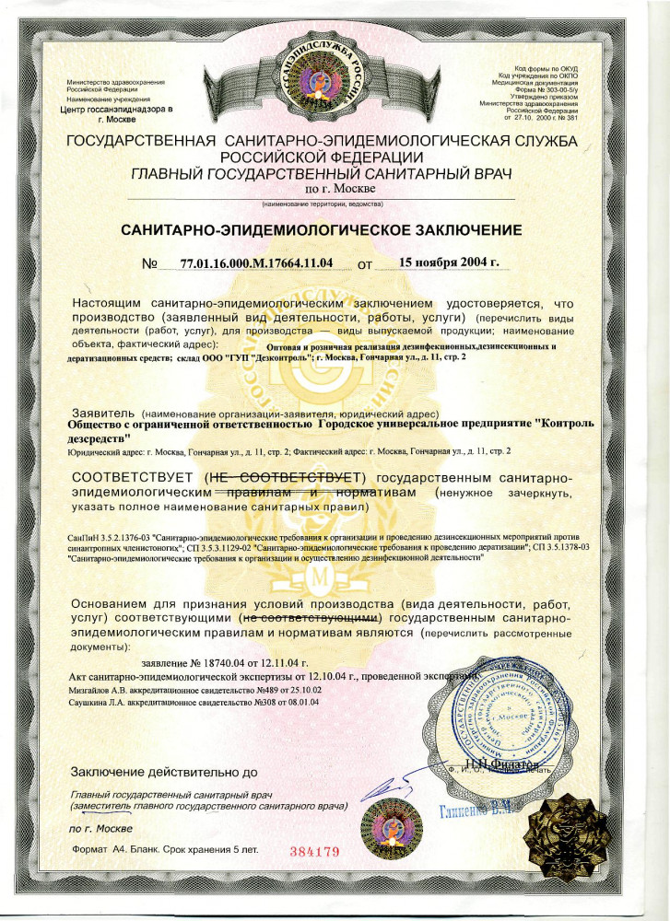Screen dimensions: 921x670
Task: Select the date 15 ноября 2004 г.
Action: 449,262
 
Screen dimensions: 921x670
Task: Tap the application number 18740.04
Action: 225,662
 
